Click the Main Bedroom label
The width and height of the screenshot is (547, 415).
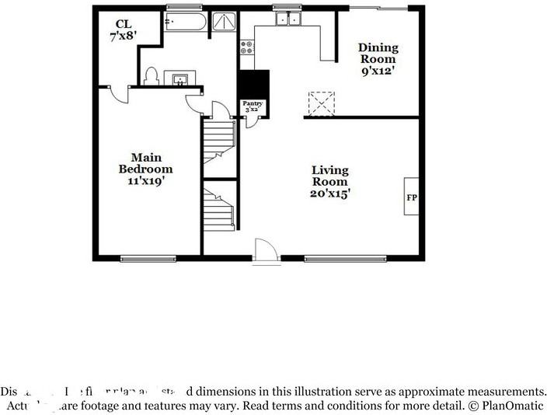(x=145, y=169)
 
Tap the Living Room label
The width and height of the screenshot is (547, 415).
(x=329, y=182)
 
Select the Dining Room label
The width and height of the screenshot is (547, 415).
(x=377, y=58)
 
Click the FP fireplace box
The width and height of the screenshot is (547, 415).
(x=412, y=197)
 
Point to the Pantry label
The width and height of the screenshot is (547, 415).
(x=253, y=106)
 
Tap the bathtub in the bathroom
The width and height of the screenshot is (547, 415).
(x=185, y=23)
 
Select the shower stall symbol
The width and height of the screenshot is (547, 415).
(x=225, y=23)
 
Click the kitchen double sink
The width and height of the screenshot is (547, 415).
(x=290, y=19)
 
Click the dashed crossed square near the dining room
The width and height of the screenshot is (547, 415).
(x=321, y=103)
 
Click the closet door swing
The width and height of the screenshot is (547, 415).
(x=118, y=93)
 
